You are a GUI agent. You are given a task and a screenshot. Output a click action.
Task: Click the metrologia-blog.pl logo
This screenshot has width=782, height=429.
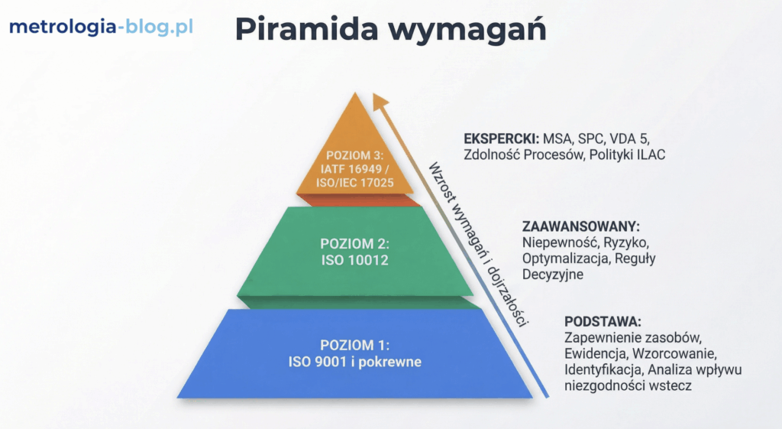point(100,27)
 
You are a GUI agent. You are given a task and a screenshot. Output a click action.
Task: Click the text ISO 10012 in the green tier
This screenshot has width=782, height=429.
point(355,260)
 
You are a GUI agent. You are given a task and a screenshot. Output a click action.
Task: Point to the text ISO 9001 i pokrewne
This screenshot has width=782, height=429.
point(355,362)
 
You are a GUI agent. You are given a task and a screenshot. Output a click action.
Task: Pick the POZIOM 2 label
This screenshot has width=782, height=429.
point(355,245)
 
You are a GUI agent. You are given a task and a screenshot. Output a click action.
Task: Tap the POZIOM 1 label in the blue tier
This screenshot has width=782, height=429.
point(355,346)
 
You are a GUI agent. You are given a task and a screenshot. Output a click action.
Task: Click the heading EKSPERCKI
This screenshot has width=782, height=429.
point(501,140)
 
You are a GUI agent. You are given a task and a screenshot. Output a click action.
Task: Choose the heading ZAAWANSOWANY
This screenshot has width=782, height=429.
point(580,227)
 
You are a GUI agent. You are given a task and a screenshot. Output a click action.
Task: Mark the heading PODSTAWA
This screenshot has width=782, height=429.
point(603,321)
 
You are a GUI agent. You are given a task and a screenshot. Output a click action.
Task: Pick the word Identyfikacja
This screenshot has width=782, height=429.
point(600,369)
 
